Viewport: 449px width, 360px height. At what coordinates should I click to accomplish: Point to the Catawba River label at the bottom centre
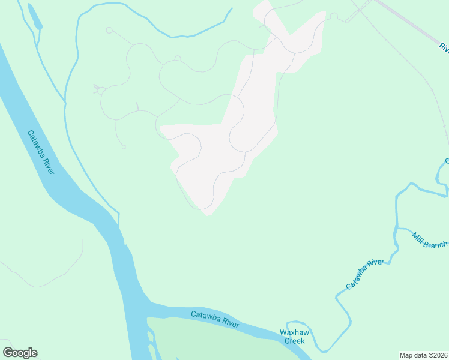point(215,319)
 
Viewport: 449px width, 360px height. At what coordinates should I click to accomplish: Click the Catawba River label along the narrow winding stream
point(364,275)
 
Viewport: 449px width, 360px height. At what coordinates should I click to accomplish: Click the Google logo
point(20,353)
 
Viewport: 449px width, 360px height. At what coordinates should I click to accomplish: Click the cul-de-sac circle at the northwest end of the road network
point(109,30)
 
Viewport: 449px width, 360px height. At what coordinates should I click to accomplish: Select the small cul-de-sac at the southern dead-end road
point(124,147)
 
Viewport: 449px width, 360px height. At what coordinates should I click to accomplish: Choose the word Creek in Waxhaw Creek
point(294,341)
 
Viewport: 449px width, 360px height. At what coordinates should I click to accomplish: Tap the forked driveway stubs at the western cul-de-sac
point(96,89)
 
